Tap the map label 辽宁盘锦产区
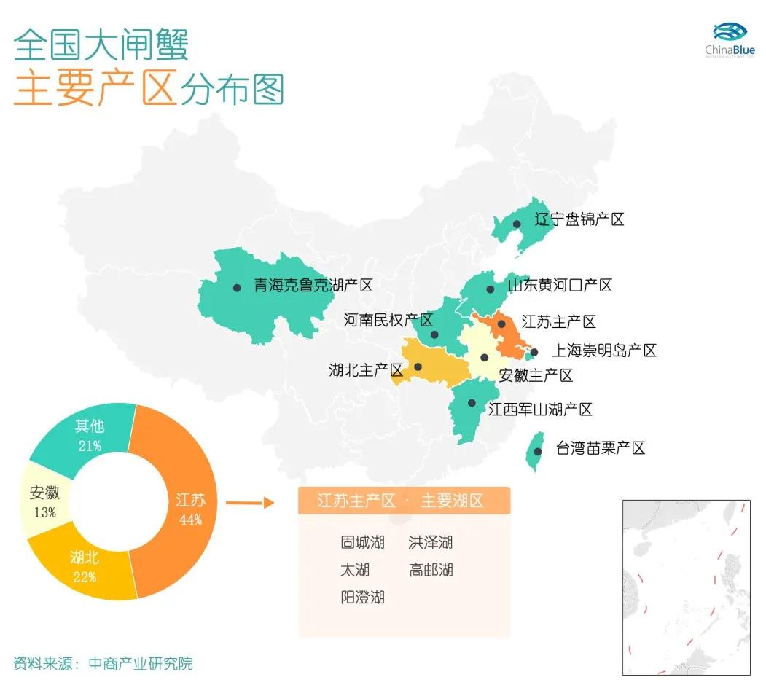[x=579, y=219]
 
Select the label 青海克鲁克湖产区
[x=313, y=285]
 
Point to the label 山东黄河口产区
[x=559, y=285]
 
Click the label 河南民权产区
[x=388, y=320]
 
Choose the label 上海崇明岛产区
[x=603, y=351]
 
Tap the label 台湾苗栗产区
[x=600, y=447]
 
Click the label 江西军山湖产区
[x=539, y=410]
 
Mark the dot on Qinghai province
[x=237, y=288]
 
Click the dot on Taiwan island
[x=537, y=451]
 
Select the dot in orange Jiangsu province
[x=501, y=324]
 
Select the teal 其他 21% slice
[x=87, y=435]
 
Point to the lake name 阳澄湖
[x=362, y=597]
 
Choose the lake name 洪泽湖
[x=431, y=542]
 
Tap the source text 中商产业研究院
[x=141, y=663]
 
